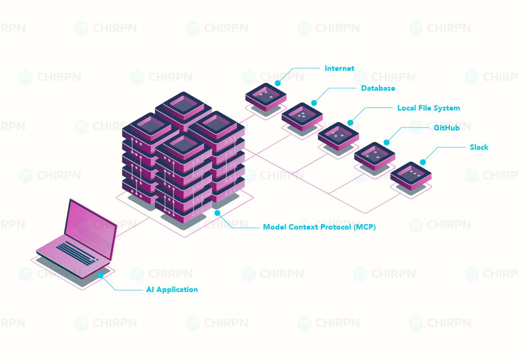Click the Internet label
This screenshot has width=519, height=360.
tap(339, 68)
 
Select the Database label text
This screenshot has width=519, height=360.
tap(378, 88)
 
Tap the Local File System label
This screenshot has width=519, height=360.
tap(428, 108)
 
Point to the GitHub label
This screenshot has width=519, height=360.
tap(446, 127)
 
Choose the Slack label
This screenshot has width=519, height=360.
tap(479, 147)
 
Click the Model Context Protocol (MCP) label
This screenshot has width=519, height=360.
tap(319, 227)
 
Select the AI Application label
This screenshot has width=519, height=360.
tap(172, 290)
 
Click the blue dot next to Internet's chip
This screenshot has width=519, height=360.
tap(278, 83)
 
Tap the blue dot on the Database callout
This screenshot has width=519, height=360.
tap(314, 103)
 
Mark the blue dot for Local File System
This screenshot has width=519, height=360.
tap(350, 123)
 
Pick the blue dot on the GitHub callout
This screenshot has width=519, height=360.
tap(387, 143)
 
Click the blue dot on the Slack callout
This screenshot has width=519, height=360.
tap(423, 162)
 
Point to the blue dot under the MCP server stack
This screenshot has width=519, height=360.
tap(217, 213)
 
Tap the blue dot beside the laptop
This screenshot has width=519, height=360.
tap(100, 275)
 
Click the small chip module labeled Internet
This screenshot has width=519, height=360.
tap(266, 96)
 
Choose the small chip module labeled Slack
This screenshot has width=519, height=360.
tap(411, 175)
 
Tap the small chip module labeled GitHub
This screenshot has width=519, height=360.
tap(374, 155)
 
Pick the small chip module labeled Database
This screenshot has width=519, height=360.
tap(302, 116)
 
